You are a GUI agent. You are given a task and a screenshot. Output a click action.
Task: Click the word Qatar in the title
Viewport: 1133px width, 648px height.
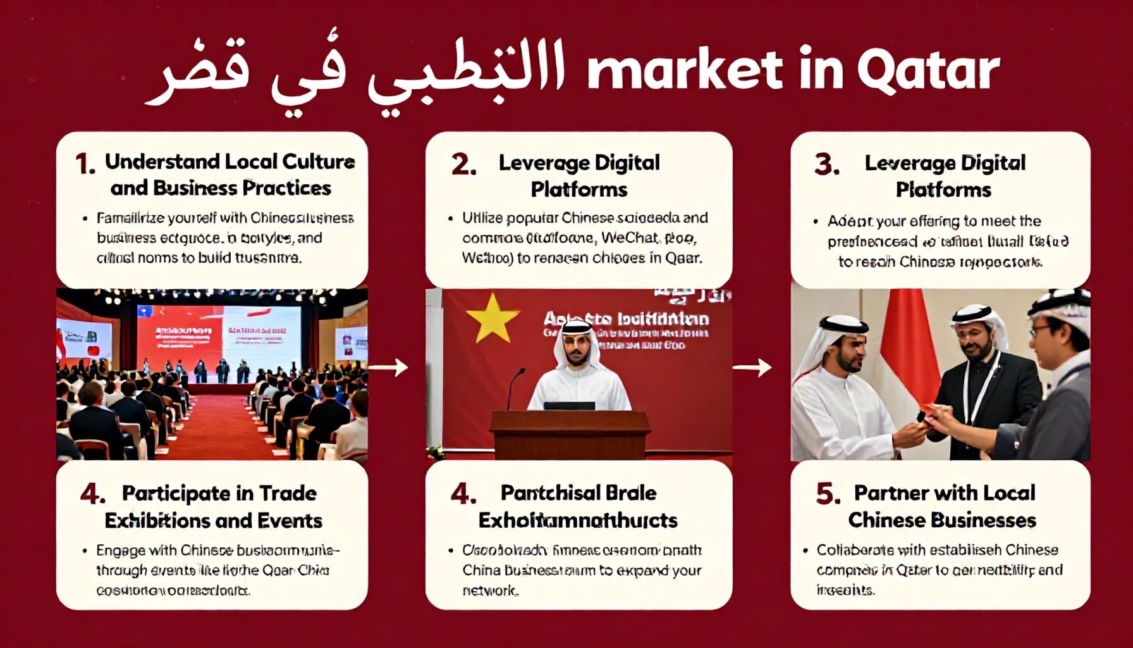tap(928, 71)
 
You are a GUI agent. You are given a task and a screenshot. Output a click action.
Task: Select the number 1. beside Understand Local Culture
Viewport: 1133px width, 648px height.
tap(85, 165)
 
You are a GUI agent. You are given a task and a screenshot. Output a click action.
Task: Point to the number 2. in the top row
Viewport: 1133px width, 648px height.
tap(463, 165)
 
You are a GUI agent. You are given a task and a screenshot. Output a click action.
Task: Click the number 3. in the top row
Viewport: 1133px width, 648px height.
tap(827, 165)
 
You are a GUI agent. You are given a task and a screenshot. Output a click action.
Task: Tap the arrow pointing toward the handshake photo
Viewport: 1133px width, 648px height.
tap(752, 366)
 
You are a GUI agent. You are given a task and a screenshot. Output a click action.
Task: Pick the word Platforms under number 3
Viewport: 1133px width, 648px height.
tap(943, 190)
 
